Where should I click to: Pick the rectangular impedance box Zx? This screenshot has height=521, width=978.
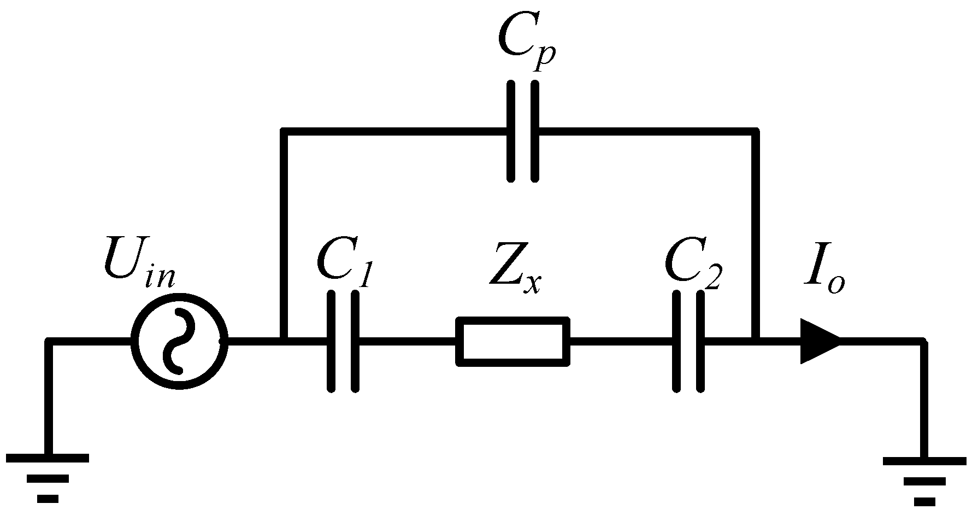(512, 342)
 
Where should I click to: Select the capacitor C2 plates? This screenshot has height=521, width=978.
(688, 342)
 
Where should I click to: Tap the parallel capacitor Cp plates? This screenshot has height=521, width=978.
(523, 131)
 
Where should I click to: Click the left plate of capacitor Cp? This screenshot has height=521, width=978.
(511, 131)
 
